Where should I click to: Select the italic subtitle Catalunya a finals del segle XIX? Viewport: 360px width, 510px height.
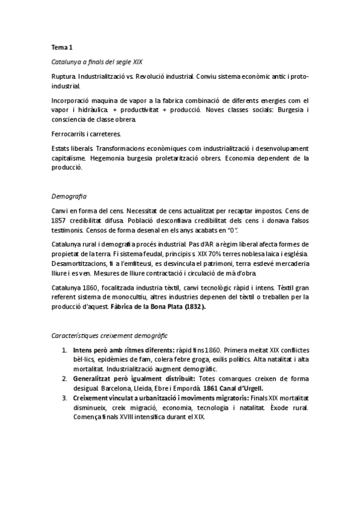tap(96, 63)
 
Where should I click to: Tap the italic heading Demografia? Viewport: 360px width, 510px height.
tap(69, 196)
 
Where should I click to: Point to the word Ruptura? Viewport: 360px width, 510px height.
tap(63, 77)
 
